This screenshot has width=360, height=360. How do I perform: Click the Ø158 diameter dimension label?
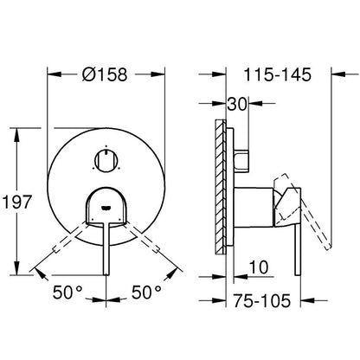click(105, 74)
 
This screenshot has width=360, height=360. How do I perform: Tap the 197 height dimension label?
click(16, 202)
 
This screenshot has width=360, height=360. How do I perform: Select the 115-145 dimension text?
click(278, 74)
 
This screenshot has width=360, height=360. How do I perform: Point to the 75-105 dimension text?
click(261, 301)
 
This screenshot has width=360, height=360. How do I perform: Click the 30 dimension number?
click(237, 104)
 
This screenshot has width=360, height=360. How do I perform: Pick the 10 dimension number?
click(259, 267)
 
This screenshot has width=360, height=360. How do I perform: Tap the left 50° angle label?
click(67, 292)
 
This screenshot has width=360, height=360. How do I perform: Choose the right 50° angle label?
click(146, 292)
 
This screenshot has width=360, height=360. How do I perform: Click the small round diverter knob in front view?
click(106, 161)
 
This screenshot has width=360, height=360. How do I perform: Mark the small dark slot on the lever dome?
click(106, 207)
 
